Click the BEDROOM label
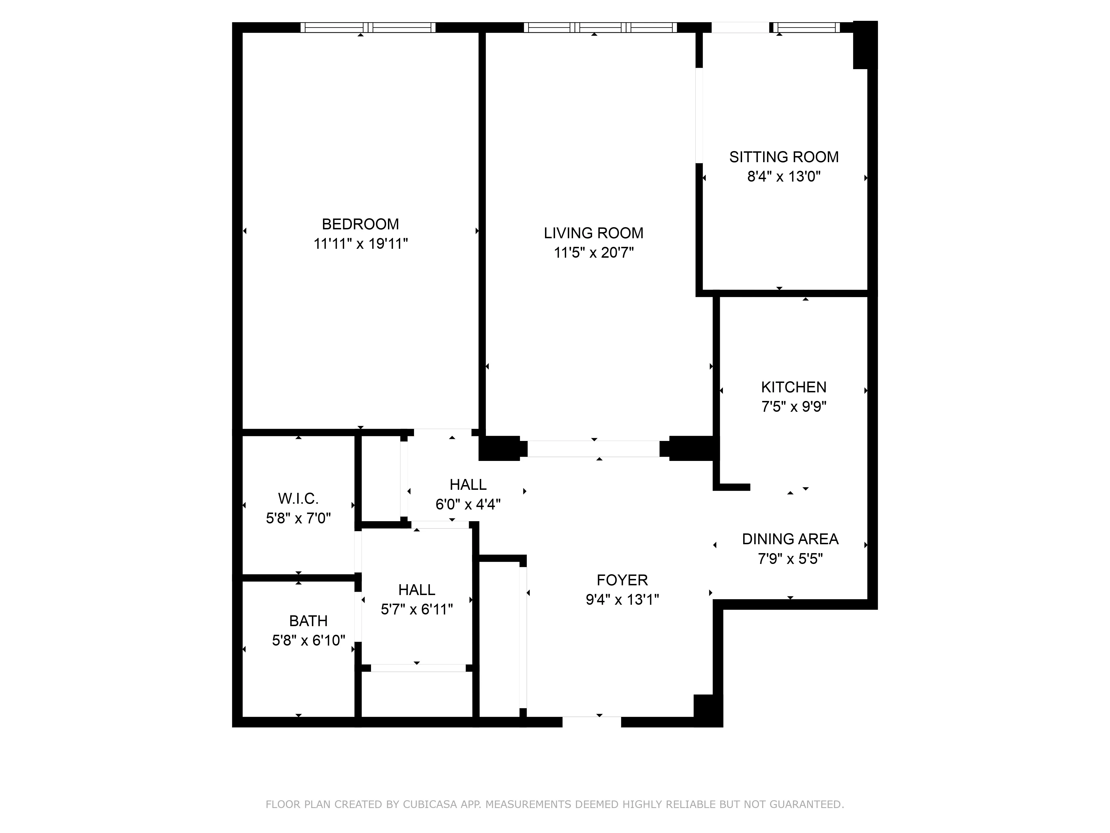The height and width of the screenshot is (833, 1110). (360, 224)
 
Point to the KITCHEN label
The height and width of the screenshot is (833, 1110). (793, 387)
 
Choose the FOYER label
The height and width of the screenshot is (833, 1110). (622, 580)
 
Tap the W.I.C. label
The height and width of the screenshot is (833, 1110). (298, 499)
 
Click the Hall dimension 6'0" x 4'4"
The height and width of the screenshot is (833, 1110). (468, 504)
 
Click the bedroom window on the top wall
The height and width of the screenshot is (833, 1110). (368, 27)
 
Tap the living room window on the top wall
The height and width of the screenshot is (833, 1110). (600, 27)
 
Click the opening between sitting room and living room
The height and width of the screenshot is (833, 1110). (698, 116)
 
